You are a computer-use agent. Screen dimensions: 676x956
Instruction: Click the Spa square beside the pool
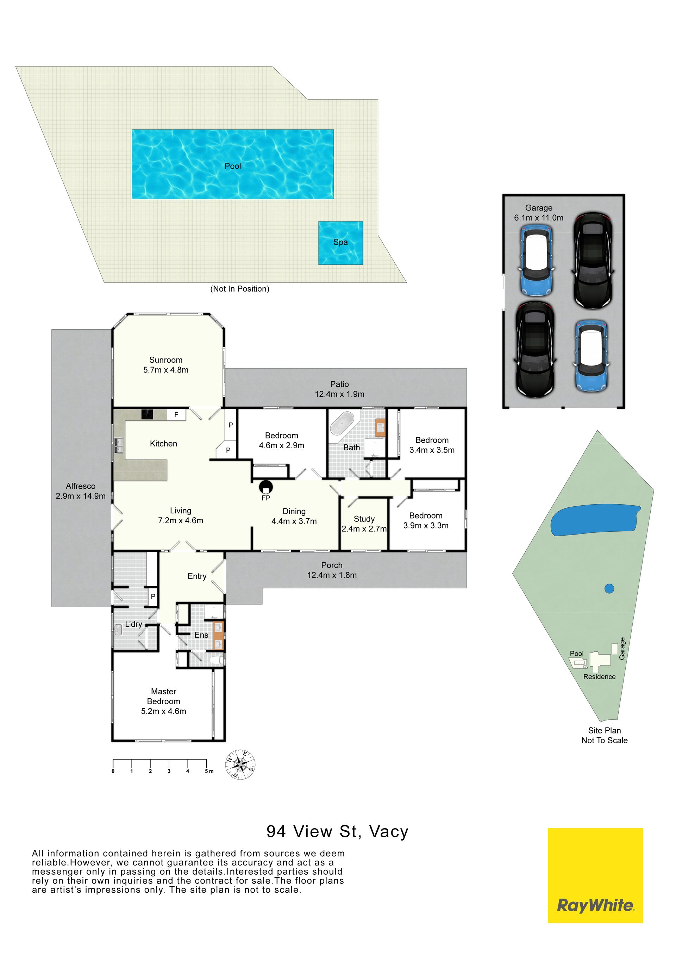[x=340, y=243]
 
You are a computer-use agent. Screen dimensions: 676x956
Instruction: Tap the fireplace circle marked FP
[x=265, y=486]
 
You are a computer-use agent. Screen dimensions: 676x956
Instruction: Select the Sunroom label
[x=166, y=360]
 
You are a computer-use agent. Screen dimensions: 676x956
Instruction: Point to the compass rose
[x=240, y=764]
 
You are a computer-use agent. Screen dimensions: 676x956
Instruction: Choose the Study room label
[x=364, y=519]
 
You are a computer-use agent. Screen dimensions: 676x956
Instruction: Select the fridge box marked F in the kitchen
[x=176, y=415]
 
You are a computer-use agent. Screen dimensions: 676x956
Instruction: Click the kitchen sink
[x=119, y=445]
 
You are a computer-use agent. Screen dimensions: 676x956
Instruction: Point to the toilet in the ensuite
[x=217, y=660]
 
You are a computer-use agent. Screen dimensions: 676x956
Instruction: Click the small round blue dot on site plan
[x=609, y=588]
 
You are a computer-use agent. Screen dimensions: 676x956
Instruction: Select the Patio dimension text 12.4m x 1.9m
[x=340, y=394]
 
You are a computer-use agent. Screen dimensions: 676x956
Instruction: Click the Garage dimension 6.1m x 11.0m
[x=539, y=218]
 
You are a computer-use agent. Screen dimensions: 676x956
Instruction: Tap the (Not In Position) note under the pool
[x=240, y=288]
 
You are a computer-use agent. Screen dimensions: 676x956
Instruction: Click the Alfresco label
[x=81, y=486]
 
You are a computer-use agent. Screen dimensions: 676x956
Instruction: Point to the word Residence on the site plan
[x=599, y=677]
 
